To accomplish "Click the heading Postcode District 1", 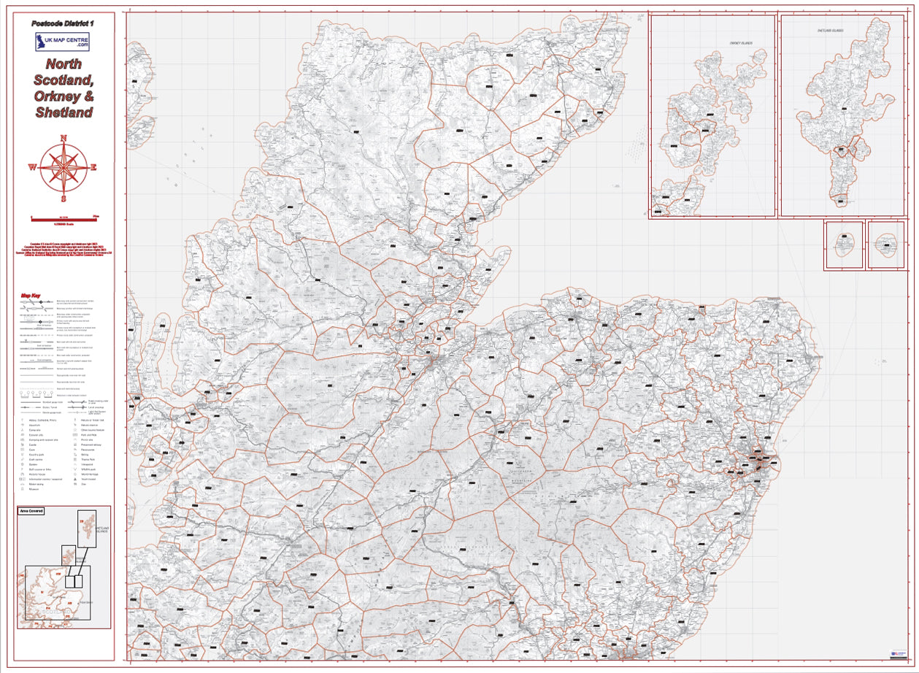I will (x=63, y=24).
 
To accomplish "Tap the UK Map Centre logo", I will (x=63, y=41).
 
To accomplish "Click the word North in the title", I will (x=64, y=64).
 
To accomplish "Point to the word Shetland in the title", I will (x=64, y=113).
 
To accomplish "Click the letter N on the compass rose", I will (x=64, y=138).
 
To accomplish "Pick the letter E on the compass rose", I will (x=94, y=167).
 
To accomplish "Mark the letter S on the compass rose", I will (x=64, y=198).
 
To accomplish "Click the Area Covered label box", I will (x=31, y=511).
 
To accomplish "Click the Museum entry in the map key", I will (x=34, y=489).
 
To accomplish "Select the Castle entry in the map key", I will (x=33, y=445).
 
